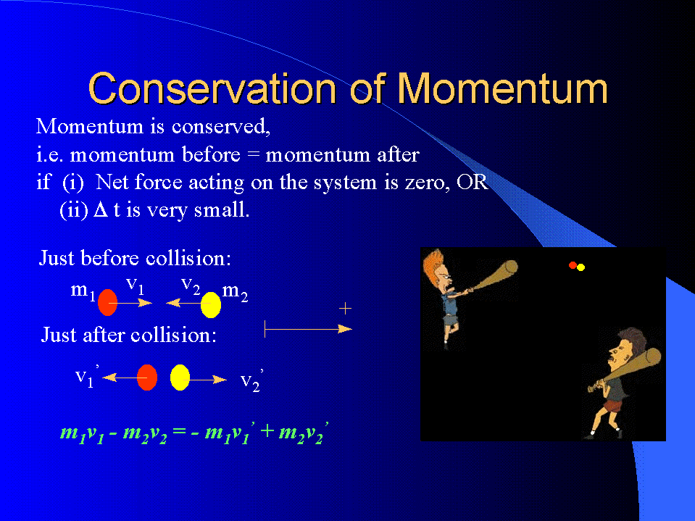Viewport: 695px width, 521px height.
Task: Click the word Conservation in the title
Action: pos(213,88)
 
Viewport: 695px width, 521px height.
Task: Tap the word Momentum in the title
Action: pos(502,88)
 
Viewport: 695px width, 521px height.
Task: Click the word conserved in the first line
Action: pos(221,127)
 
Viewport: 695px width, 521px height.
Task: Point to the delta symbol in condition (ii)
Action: pos(101,210)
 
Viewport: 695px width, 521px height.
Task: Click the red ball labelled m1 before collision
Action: pos(107,302)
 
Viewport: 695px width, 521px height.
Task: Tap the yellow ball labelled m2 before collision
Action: pos(211,305)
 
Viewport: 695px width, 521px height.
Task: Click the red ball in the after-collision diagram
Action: pos(147,378)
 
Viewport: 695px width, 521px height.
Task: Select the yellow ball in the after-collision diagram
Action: pos(180,378)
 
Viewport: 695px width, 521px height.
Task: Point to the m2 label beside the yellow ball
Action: pos(235,292)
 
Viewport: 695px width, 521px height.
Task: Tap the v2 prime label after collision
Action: pos(251,380)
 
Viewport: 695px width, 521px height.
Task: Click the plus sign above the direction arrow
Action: pos(345,309)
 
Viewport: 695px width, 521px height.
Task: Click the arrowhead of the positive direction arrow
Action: pos(345,329)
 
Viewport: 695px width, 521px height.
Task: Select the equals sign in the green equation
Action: pos(178,430)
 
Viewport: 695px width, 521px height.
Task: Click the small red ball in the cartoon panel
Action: pos(573,265)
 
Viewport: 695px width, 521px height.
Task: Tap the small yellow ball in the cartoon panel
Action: pos(580,267)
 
